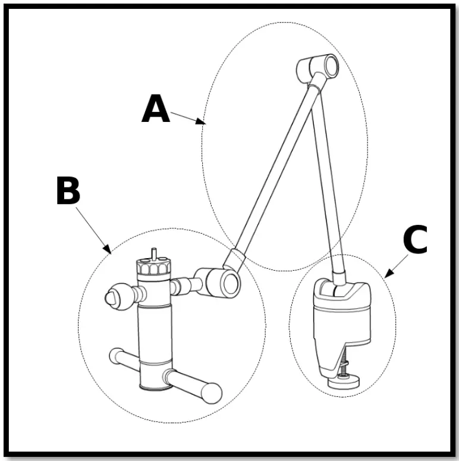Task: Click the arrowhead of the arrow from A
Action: (x=203, y=124)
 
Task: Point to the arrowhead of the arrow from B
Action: (x=109, y=251)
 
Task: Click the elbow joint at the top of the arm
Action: (x=319, y=68)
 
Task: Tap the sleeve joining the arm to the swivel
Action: (x=234, y=259)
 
